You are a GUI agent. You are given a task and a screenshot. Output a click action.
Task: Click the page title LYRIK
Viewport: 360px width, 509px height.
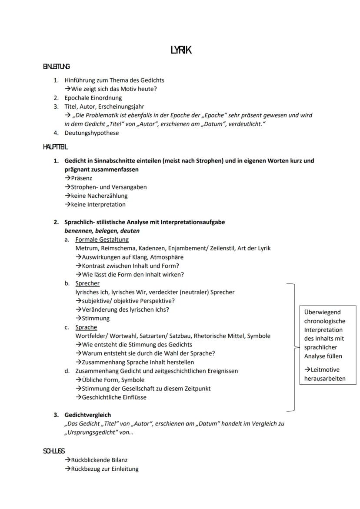tap(181, 50)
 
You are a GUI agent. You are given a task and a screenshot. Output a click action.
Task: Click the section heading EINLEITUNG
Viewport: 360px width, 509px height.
tap(56, 67)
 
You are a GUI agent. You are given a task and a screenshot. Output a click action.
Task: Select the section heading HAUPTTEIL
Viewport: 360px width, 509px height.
tap(55, 147)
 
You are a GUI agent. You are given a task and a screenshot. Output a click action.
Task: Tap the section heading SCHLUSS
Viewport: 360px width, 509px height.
tap(54, 451)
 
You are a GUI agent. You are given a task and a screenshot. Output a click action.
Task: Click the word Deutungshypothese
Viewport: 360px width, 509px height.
tap(91, 133)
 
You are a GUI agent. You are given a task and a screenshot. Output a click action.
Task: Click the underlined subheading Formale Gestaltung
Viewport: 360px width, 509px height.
tap(102, 240)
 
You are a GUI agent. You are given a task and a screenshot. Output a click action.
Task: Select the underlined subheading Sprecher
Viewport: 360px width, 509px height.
tap(87, 283)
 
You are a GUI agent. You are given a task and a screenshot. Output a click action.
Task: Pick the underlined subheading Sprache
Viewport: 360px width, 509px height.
tap(86, 327)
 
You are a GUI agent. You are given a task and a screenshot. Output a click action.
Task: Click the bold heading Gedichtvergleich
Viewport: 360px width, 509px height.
tap(87, 415)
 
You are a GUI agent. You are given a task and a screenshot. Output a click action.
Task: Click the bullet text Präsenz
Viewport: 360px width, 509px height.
tap(81, 178)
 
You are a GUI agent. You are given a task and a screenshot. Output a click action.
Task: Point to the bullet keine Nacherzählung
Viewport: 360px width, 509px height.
tap(99, 196)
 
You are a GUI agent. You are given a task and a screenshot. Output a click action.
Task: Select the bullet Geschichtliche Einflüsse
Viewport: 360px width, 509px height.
tap(114, 397)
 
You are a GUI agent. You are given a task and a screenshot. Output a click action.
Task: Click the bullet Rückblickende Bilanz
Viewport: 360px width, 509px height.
tap(99, 460)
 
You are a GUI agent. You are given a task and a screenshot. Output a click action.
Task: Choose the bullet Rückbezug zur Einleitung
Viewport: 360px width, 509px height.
tap(104, 469)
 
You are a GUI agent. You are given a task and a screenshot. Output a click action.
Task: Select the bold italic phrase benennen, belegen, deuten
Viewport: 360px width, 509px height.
tap(102, 231)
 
